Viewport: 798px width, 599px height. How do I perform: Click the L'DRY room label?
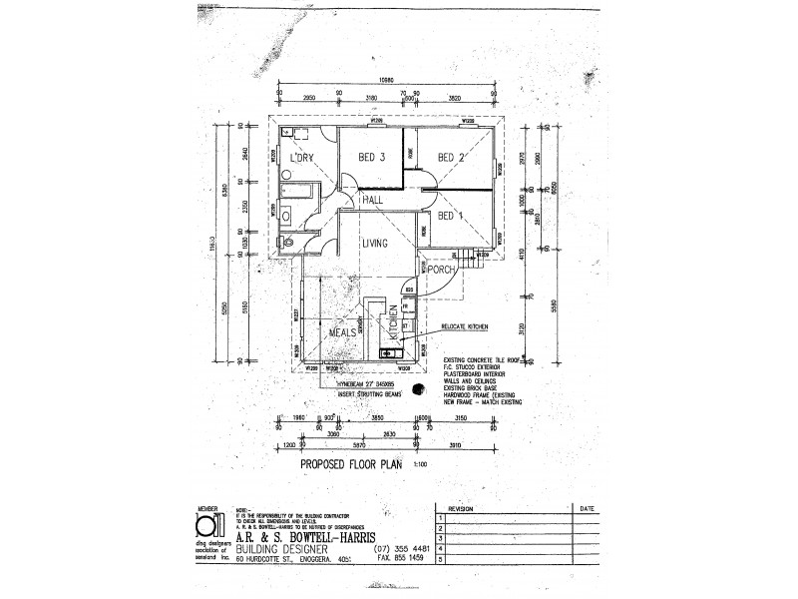[x=301, y=158]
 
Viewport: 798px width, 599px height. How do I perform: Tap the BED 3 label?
[x=371, y=158]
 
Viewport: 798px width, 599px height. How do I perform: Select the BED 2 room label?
[x=451, y=158]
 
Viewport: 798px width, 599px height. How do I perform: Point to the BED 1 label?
[x=451, y=216]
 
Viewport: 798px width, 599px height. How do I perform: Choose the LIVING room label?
[x=375, y=243]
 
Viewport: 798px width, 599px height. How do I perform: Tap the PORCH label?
[x=442, y=270]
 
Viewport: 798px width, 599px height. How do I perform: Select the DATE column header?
[x=585, y=507]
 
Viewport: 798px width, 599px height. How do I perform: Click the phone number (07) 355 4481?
[x=401, y=548]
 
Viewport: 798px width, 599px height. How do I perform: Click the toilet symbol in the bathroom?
[x=287, y=241]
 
